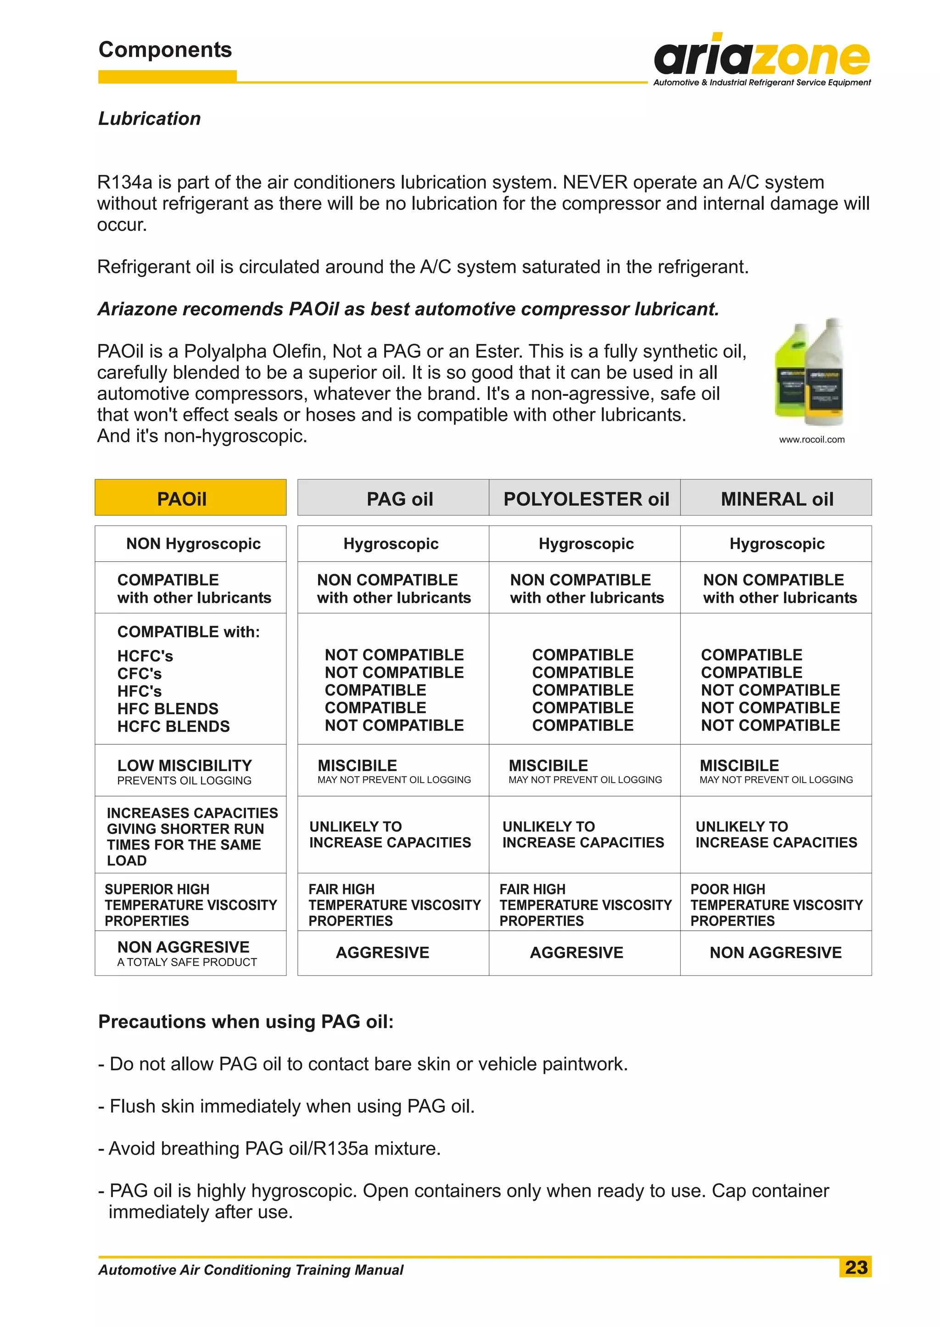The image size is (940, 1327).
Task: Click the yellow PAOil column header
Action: coord(190,498)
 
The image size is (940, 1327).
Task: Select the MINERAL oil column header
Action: coord(776,498)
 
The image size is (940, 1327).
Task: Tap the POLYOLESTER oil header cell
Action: coord(585,498)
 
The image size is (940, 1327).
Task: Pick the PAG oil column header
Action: coord(399,498)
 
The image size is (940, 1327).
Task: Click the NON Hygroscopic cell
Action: coord(193,544)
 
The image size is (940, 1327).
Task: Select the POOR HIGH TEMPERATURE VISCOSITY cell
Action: coord(776,905)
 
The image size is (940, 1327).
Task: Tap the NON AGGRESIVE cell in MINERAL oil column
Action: coord(776,952)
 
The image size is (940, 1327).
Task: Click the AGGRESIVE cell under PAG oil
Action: coord(383,952)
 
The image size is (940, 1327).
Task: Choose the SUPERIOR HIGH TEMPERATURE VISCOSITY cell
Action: coord(190,905)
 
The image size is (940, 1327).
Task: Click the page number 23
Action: coord(856,1267)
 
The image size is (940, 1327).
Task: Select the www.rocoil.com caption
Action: coord(811,439)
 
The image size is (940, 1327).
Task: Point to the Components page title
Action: coord(165,50)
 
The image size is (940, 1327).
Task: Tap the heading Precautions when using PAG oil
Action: coord(246,1022)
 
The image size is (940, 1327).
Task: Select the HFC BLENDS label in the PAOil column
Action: coord(168,709)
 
